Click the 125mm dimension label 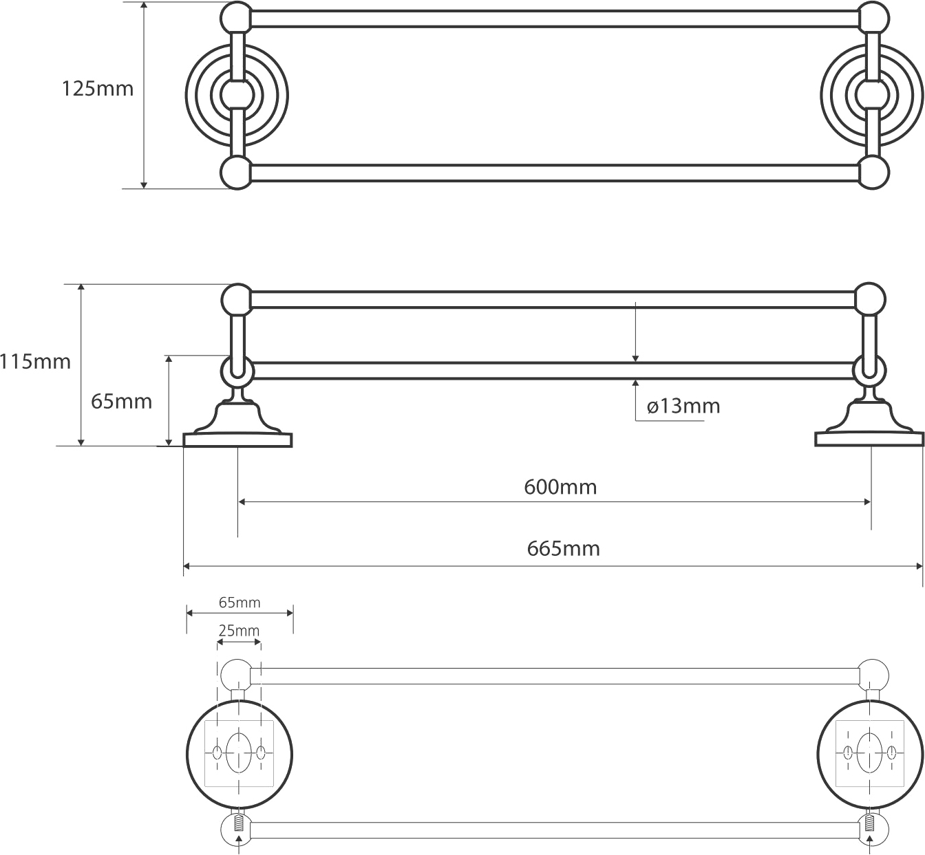coord(98,89)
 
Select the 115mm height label coord(35,361)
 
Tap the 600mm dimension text coord(560,487)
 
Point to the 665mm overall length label coord(564,548)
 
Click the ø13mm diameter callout coord(683,406)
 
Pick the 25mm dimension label coord(239,630)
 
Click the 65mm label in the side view coord(121,401)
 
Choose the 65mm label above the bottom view coord(240,603)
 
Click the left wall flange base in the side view coord(238,439)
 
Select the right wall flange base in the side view coord(869,439)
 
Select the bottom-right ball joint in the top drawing coord(873,172)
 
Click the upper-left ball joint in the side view coord(237,299)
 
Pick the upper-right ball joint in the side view coord(870,299)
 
